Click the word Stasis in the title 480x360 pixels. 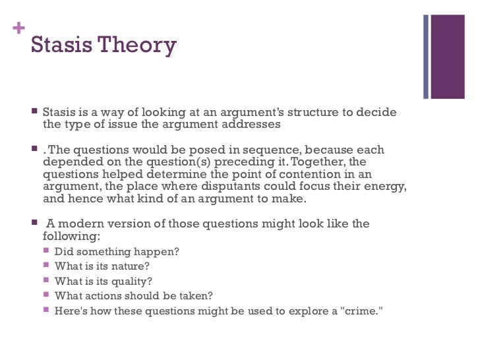[x=61, y=45]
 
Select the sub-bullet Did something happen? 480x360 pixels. [x=117, y=251]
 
